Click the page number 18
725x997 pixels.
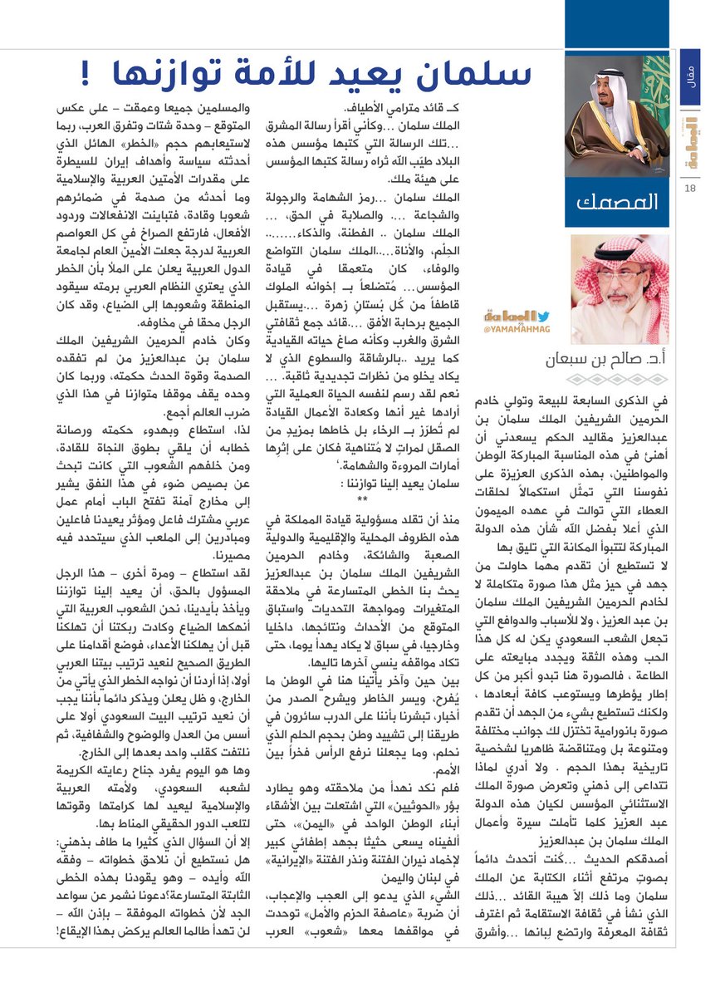pyautogui.click(x=690, y=189)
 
